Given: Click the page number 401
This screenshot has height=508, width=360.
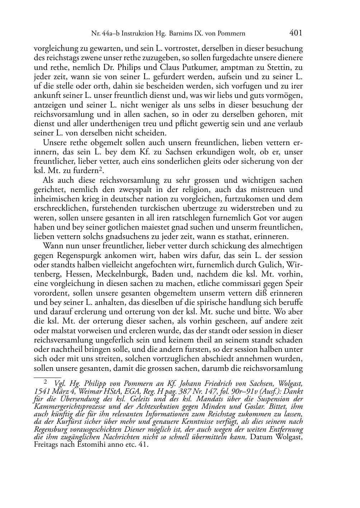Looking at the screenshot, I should [x=295, y=33].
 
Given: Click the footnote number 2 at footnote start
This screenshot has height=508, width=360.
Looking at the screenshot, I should [x=46, y=383].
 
